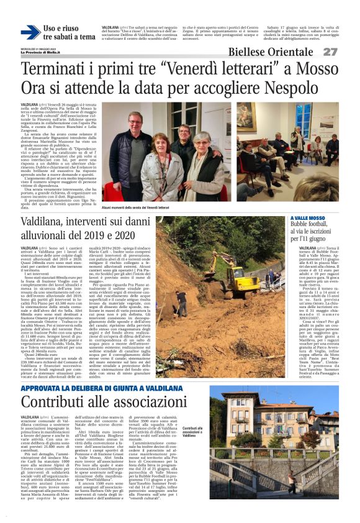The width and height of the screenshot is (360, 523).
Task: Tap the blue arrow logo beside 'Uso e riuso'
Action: click(30, 32)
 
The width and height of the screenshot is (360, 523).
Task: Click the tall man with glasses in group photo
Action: click(135, 143)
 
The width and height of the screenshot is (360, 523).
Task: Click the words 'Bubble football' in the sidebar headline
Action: click(308, 225)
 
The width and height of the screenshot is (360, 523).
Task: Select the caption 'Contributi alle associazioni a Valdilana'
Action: click(193, 431)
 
